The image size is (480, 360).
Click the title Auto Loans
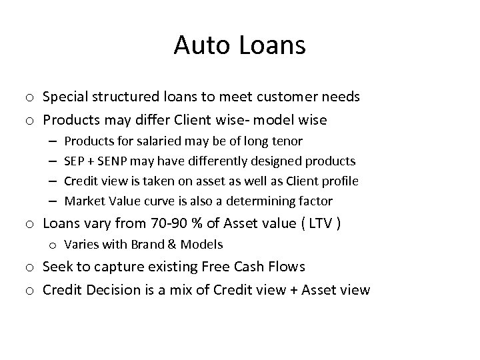[239, 45]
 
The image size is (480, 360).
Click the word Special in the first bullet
[65, 97]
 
